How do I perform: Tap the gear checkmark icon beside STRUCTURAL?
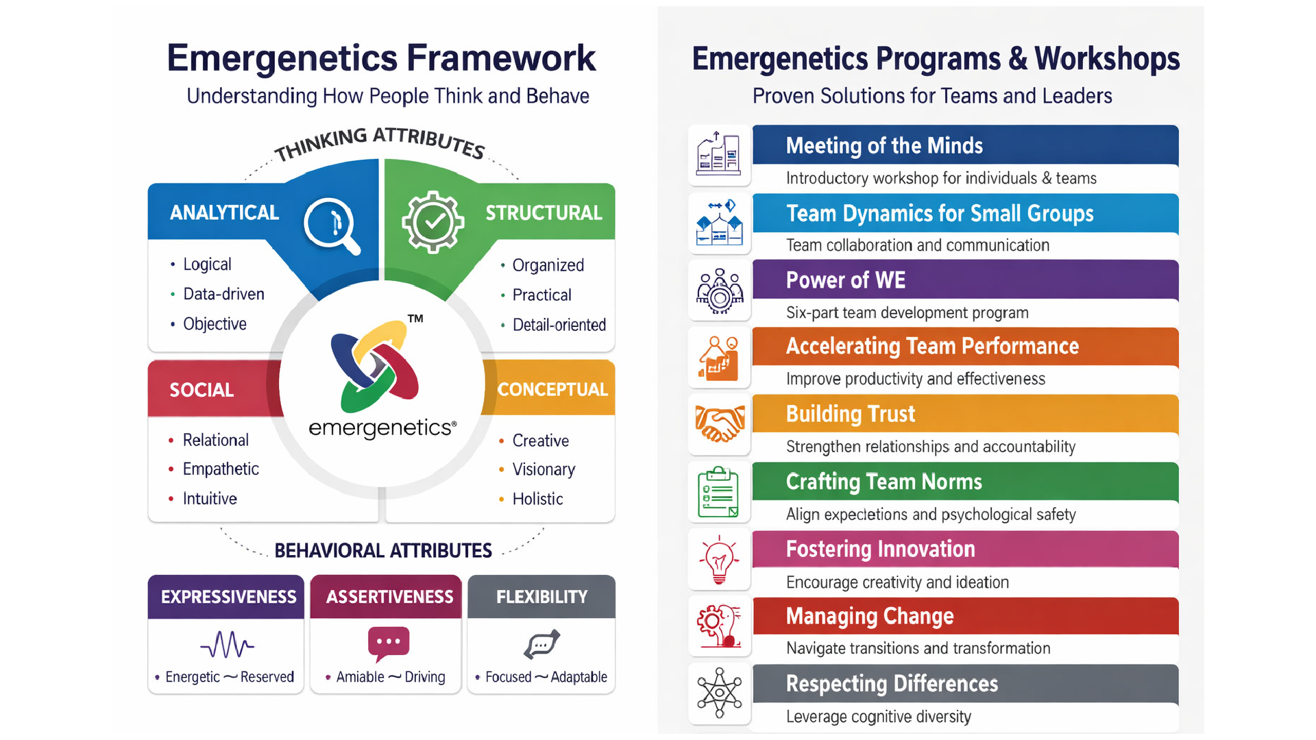pyautogui.click(x=432, y=221)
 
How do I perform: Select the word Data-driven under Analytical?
pyautogui.click(x=223, y=294)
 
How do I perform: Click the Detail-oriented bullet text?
pyautogui.click(x=559, y=325)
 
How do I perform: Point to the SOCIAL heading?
pyautogui.click(x=202, y=390)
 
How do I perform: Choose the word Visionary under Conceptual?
pyautogui.click(x=544, y=469)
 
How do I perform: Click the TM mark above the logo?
pyautogui.click(x=415, y=319)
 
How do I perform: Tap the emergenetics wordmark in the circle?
pyautogui.click(x=382, y=428)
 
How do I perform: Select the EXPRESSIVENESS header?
pyautogui.click(x=228, y=597)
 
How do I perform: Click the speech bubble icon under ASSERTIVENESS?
pyautogui.click(x=389, y=643)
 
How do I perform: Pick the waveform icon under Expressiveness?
pyautogui.click(x=227, y=644)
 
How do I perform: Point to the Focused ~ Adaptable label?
pyautogui.click(x=546, y=677)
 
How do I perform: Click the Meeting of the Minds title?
pyautogui.click(x=884, y=146)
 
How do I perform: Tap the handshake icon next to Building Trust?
pyautogui.click(x=720, y=424)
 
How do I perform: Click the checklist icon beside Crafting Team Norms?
pyautogui.click(x=718, y=493)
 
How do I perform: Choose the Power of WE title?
pyautogui.click(x=846, y=280)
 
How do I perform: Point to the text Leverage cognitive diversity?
pyautogui.click(x=879, y=717)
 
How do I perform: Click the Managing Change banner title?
pyautogui.click(x=870, y=617)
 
